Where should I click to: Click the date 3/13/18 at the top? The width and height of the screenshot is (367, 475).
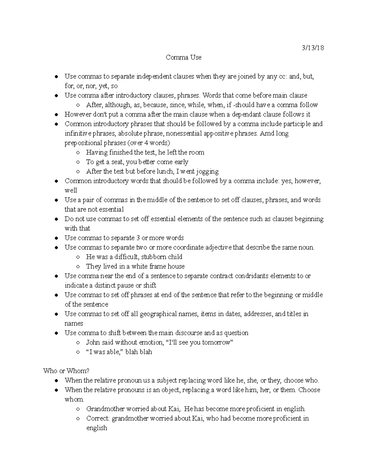(313, 48)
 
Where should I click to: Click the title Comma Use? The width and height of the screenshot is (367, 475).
(183, 57)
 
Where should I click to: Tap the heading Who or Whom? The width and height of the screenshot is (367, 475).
(66, 371)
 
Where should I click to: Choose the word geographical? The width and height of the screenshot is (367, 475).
(158, 314)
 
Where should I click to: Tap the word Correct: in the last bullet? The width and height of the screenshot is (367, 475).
(98, 418)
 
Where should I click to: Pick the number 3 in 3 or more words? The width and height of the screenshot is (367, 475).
(138, 238)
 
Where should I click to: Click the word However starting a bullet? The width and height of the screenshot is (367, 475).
(77, 114)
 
